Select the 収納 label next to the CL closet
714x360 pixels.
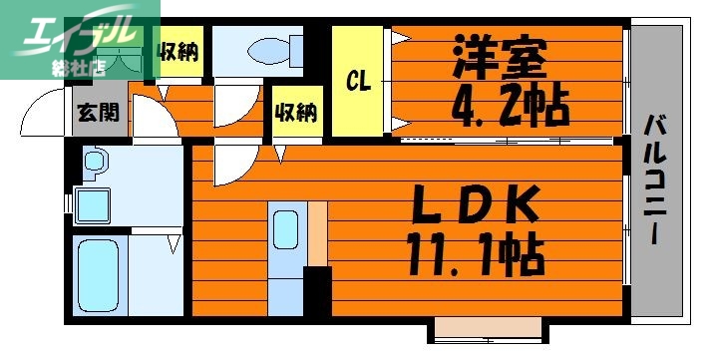click(x=295, y=112)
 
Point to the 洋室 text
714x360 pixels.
click(x=502, y=57)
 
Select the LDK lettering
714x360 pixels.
click(x=477, y=206)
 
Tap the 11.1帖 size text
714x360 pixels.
click(x=476, y=254)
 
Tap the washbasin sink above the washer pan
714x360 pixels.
click(x=94, y=161)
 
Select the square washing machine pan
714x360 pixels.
click(x=98, y=205)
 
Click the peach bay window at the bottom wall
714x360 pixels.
click(x=488, y=329)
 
